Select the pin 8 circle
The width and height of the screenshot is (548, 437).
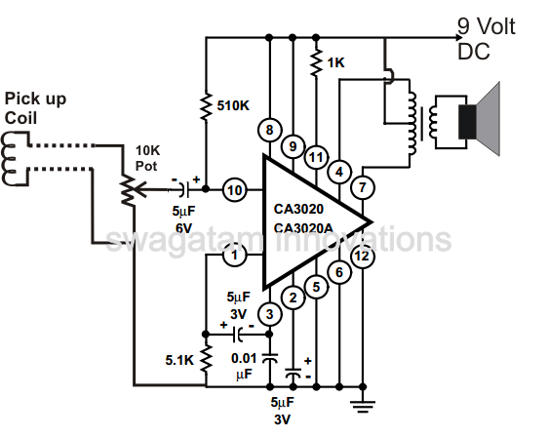coord(268,130)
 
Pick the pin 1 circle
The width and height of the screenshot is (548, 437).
coord(233,256)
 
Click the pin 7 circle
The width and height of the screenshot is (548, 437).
coord(363,185)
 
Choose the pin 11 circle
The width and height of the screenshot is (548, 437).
coord(315,156)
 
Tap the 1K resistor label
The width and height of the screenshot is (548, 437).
coord(336,62)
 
